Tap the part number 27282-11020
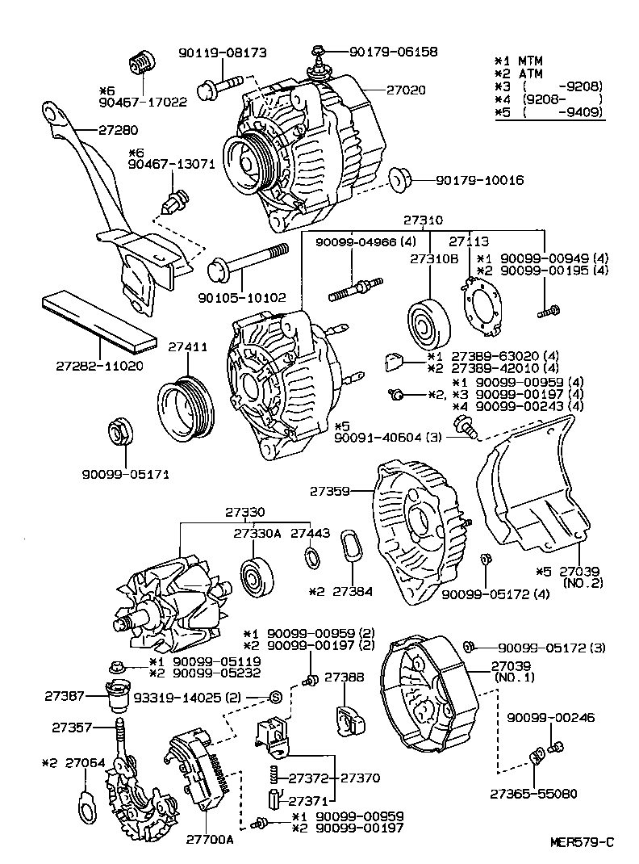coord(99,366)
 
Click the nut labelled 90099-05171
coord(119,433)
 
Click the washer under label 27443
coord(311,557)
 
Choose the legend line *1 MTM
coord(520,61)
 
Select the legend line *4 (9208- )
coord(549,99)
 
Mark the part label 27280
coord(118,129)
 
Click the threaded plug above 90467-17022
coord(141,61)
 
